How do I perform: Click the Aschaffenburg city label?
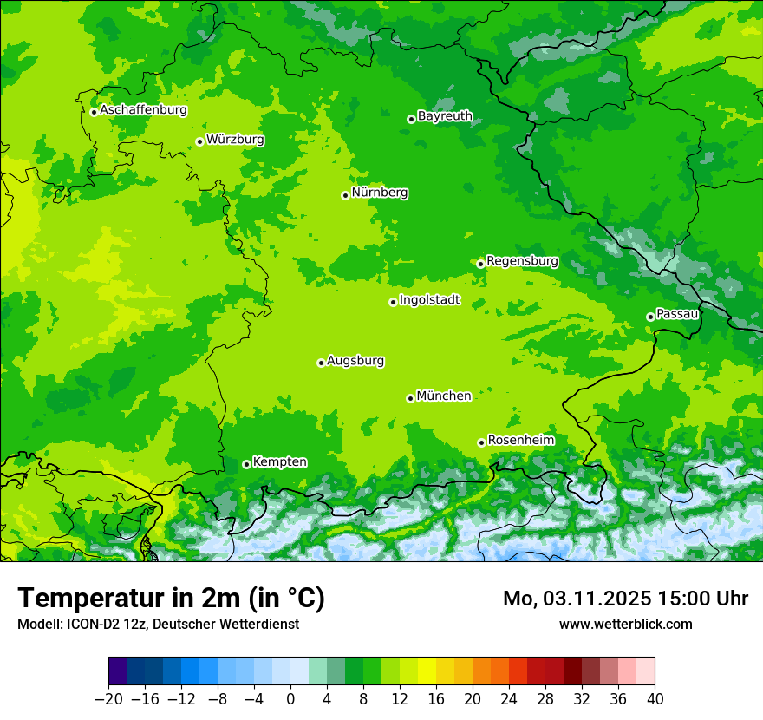[x=143, y=110]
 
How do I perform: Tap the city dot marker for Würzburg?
[x=199, y=141]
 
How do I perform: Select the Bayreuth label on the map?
[x=445, y=115]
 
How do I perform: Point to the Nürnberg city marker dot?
[x=345, y=195]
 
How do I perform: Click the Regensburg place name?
[x=522, y=260]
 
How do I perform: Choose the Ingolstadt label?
[x=429, y=300]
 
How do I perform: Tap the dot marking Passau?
[x=650, y=317]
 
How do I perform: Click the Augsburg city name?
[x=355, y=361]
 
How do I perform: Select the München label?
[x=443, y=396]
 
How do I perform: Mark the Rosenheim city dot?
[x=481, y=442]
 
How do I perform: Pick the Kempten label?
[x=279, y=461]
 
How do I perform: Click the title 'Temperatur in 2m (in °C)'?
[x=171, y=599]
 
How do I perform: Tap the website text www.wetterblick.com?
[x=625, y=624]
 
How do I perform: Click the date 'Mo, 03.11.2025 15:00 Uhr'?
[x=625, y=599]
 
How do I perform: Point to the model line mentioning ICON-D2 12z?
[x=158, y=624]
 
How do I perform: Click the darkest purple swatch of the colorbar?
[x=118, y=671]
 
